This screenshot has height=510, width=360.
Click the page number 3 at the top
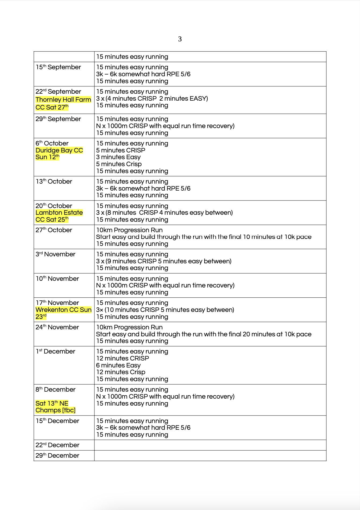click(180, 39)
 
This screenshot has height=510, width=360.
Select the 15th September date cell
click(58, 67)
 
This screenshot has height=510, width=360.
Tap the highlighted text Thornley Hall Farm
click(63, 100)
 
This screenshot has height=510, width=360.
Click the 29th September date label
click(58, 119)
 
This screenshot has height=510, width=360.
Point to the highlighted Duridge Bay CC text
click(59, 150)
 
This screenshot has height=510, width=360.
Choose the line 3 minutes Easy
click(118, 157)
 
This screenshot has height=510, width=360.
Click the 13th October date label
click(54, 181)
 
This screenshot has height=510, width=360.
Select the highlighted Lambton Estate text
click(59, 213)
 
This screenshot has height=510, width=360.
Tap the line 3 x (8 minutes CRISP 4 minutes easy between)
click(164, 213)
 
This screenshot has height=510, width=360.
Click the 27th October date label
click(54, 230)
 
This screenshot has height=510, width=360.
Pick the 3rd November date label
click(56, 254)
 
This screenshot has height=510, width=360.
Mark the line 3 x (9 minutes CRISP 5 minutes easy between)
click(164, 261)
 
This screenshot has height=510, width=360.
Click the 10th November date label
click(57, 279)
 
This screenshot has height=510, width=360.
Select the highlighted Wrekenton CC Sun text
click(64, 310)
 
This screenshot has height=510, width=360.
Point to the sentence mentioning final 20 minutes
click(204, 334)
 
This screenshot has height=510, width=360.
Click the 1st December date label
click(56, 351)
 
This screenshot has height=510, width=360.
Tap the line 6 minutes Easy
click(118, 365)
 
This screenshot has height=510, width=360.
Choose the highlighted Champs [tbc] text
click(56, 410)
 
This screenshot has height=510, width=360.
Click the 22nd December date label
click(57, 445)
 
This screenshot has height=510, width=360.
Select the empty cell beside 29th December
click(210, 456)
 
